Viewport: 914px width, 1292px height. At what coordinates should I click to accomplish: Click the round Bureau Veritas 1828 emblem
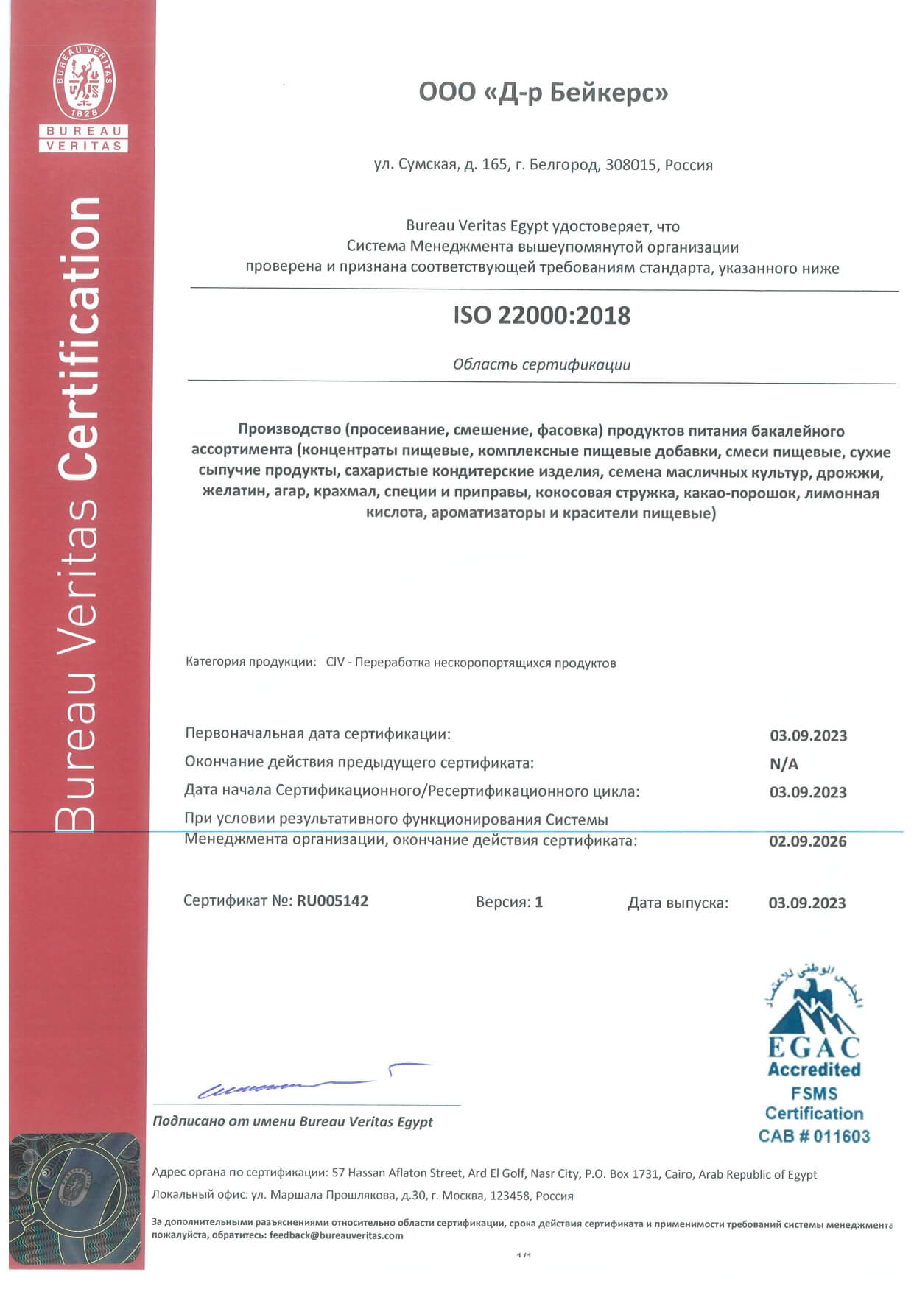(x=84, y=82)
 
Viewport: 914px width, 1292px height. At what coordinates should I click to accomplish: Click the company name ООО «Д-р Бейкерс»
(x=543, y=93)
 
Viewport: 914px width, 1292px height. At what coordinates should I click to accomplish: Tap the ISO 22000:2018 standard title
(x=542, y=316)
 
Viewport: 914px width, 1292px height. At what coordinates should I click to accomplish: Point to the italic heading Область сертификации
(x=541, y=364)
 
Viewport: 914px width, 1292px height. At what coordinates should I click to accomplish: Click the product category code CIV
(x=335, y=663)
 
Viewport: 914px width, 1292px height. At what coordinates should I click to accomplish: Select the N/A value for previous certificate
(x=784, y=764)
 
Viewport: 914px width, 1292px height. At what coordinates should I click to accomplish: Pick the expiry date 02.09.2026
(x=807, y=841)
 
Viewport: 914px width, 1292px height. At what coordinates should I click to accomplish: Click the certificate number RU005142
(x=332, y=901)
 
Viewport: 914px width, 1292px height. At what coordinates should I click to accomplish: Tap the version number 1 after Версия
(x=539, y=902)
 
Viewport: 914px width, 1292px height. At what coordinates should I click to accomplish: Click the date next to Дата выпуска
(x=807, y=903)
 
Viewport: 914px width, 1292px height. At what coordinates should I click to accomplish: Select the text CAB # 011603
(x=814, y=1136)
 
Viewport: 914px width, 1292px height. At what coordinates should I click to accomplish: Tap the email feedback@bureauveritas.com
(x=337, y=1235)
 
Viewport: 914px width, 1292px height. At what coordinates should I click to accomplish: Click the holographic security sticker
(x=76, y=1200)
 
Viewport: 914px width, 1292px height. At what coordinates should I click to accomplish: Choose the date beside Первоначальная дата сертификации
(x=808, y=735)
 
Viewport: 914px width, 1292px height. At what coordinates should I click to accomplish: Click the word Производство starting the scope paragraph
(x=288, y=431)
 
